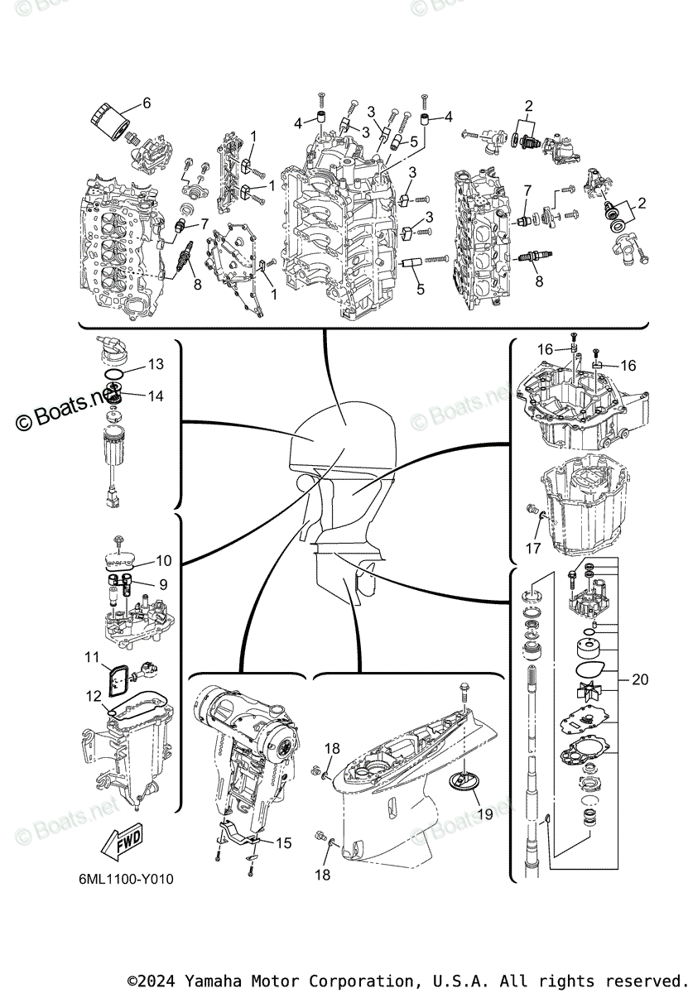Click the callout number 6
[x=147, y=103]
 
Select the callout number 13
[x=156, y=364]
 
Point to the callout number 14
[x=156, y=396]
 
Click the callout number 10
[x=163, y=560]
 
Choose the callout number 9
[x=163, y=584]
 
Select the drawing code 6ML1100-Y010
[x=123, y=879]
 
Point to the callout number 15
[x=283, y=843]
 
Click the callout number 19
[x=486, y=813]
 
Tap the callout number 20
[x=639, y=680]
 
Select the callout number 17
[x=533, y=548]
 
